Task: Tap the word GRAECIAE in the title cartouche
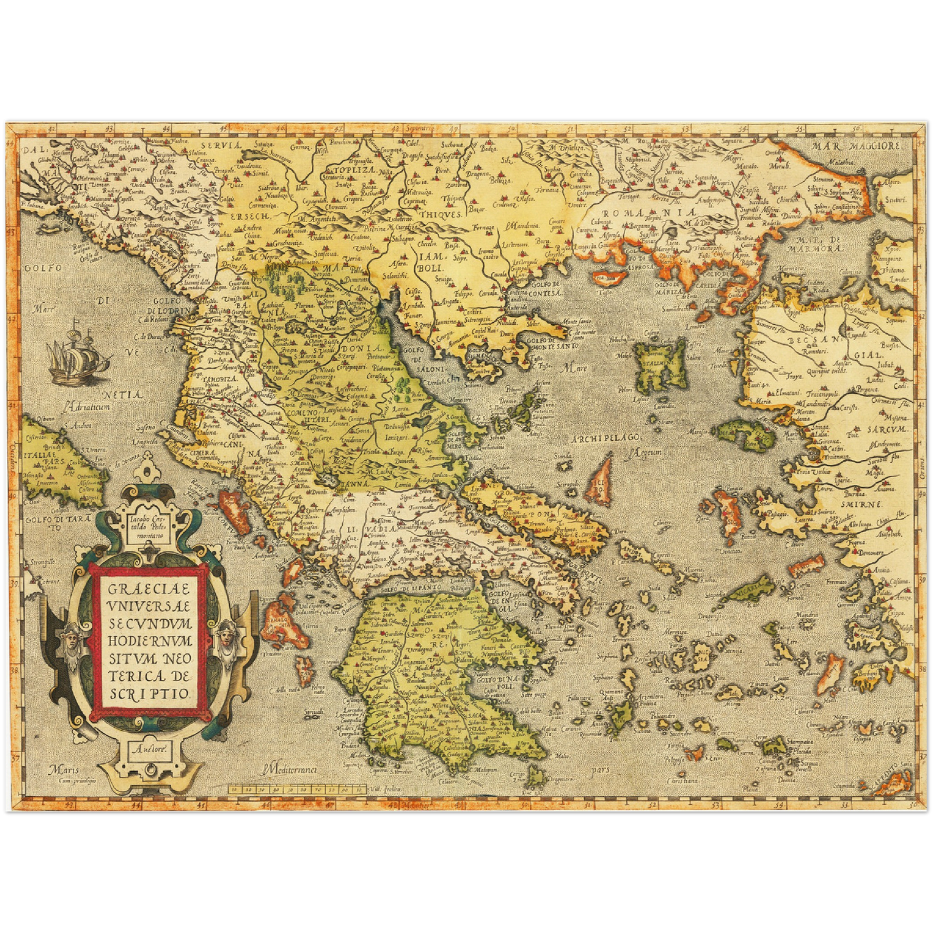pyautogui.click(x=149, y=589)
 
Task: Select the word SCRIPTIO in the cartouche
pyautogui.click(x=149, y=693)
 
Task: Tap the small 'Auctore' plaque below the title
pyautogui.click(x=150, y=750)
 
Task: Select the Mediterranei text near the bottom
pyautogui.click(x=291, y=768)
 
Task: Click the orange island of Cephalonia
pyautogui.click(x=284, y=624)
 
